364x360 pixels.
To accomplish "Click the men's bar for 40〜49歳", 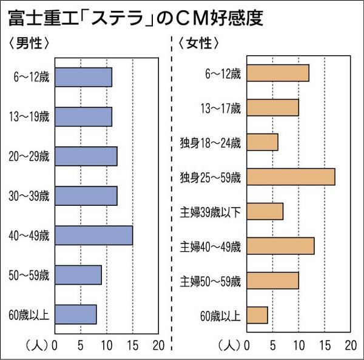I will pos(93,235).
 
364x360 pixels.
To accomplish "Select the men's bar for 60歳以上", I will pos(75,314).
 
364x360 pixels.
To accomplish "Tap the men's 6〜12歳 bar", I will pos(83,77).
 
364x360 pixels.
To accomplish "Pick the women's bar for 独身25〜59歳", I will pos(291,177).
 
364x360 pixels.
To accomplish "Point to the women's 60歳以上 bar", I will pos(257,315).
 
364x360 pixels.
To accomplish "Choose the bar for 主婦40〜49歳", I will pos(280,246).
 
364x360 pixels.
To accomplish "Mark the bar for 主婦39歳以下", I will pos(265,211).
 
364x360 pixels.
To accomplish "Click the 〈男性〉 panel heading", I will pos(29,44).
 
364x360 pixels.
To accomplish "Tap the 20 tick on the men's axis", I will pos(158,346).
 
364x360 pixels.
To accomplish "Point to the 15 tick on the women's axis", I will pos(325,346).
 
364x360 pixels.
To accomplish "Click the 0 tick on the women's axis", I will pos(246,346).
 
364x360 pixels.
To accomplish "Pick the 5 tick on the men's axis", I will pos(81,346).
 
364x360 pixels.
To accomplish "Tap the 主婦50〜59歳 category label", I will pos(211,281).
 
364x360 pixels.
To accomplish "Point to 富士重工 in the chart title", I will pos(37,16).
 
